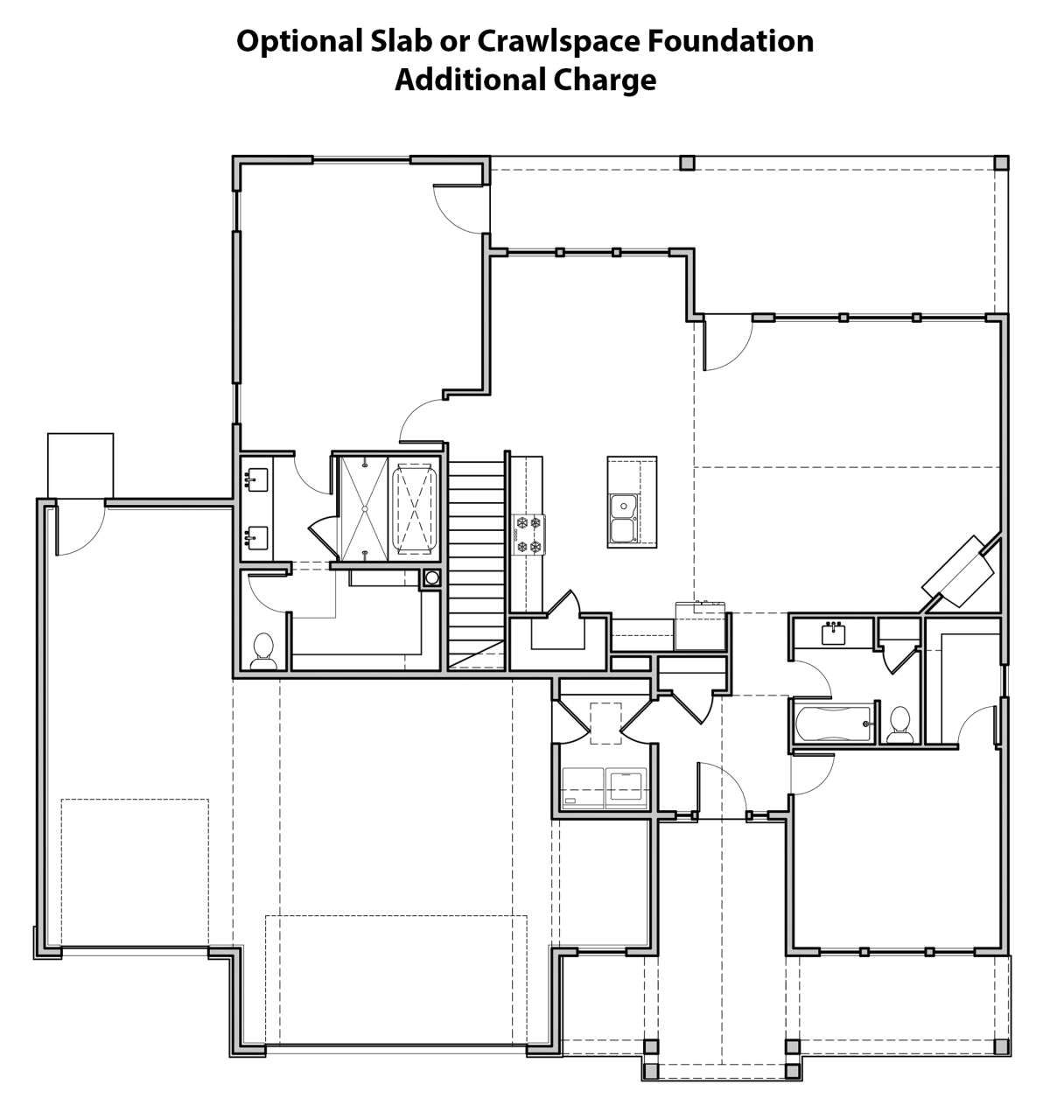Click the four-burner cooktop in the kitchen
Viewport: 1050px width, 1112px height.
tap(528, 535)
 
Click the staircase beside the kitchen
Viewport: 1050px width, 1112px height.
tap(477, 564)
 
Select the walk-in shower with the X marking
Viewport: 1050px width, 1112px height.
tap(365, 508)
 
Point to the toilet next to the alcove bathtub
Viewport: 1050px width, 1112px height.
tap(899, 724)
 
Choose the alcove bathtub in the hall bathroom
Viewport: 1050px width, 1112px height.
tap(834, 724)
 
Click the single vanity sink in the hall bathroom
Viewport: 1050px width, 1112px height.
tap(835, 633)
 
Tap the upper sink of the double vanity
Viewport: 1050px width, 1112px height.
tap(256, 480)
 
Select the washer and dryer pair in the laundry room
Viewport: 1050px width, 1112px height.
tap(605, 788)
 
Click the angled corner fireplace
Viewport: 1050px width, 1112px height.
tap(959, 571)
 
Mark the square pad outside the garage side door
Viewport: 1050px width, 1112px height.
tap(80, 465)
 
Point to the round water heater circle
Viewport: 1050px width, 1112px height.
tap(431, 577)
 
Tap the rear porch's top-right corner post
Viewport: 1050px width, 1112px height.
tap(1001, 164)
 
